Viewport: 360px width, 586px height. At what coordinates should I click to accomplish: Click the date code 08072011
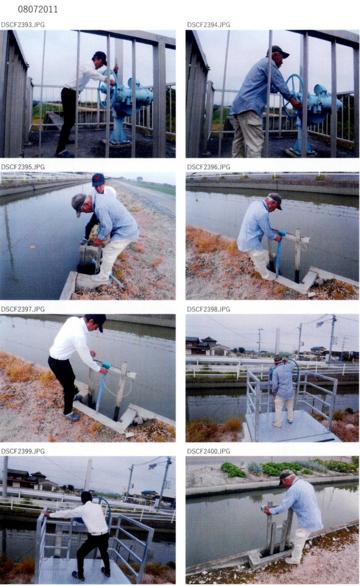tap(38, 10)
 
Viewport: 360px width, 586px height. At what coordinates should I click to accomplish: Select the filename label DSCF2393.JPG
tap(23, 25)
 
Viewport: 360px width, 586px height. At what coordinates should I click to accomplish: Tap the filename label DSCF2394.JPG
tap(209, 25)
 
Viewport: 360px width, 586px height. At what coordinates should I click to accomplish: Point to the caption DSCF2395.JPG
tap(23, 167)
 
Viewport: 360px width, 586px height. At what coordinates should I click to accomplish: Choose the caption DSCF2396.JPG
tap(209, 167)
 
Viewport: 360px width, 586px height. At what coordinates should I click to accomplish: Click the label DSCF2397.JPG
tap(23, 309)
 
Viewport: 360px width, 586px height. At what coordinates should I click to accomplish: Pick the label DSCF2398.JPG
tap(209, 309)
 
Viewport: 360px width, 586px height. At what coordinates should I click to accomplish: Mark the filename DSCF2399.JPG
tap(23, 451)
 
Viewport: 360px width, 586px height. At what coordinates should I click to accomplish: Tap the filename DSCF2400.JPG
tap(209, 451)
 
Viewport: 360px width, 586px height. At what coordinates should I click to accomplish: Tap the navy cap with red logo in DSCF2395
tap(98, 180)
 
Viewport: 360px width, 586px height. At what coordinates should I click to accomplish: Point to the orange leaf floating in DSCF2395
tap(33, 247)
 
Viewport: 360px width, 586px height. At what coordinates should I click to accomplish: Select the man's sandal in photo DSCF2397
tap(71, 416)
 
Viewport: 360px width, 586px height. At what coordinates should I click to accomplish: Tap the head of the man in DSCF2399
tap(86, 497)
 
